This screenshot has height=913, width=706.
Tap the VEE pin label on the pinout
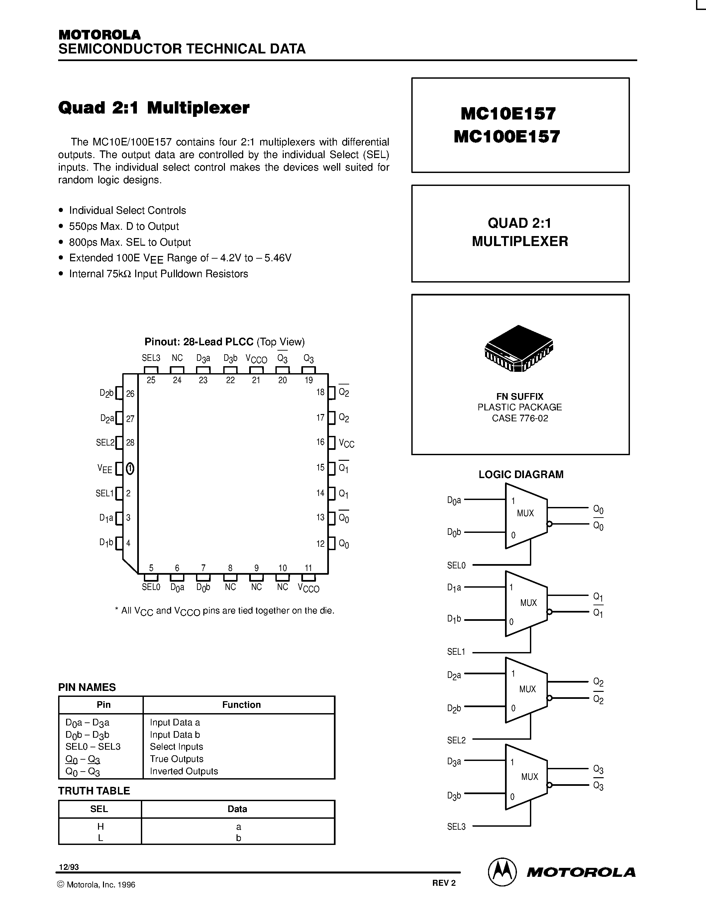click(x=105, y=469)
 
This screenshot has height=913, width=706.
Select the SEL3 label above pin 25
click(x=151, y=358)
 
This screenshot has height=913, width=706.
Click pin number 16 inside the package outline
click(x=320, y=442)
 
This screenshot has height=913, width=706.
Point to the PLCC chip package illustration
click(x=519, y=348)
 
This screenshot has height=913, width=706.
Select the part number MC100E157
click(x=507, y=137)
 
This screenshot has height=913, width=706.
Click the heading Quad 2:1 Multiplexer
click(x=153, y=108)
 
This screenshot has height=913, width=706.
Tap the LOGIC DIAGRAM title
click(x=521, y=474)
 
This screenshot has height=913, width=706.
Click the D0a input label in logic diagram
click(x=454, y=500)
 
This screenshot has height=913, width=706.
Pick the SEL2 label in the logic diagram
click(x=456, y=740)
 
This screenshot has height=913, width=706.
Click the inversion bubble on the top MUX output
click(x=550, y=524)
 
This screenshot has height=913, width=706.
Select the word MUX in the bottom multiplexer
click(x=530, y=777)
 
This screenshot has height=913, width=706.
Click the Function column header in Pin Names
click(x=241, y=705)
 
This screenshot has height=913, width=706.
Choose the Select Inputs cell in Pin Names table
click(x=176, y=747)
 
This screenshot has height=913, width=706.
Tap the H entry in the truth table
click(x=100, y=826)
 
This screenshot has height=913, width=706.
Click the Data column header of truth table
click(x=237, y=809)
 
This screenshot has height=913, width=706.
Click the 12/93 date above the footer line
click(x=68, y=867)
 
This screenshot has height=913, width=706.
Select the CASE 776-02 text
click(x=520, y=418)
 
